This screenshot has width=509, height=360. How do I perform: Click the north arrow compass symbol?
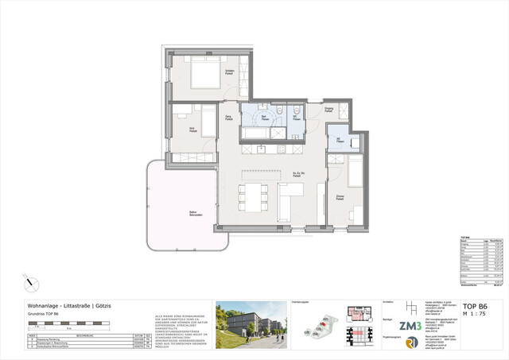click(x=29, y=281)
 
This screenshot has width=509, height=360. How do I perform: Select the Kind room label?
click(x=192, y=127)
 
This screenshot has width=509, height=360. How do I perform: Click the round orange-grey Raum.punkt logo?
click(x=410, y=343)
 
